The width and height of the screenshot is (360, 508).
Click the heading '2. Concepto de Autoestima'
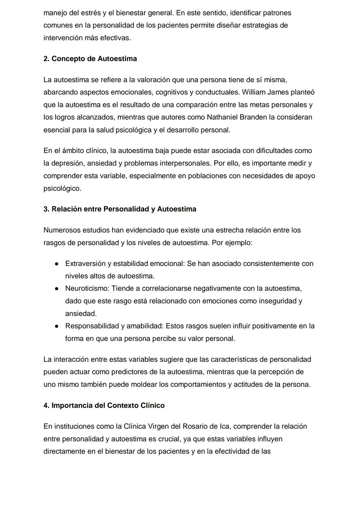(x=90, y=59)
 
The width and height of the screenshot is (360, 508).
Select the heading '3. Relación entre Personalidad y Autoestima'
(x=120, y=209)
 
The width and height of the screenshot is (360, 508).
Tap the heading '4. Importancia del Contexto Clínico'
(x=104, y=405)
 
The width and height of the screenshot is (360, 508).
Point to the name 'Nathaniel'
(x=222, y=117)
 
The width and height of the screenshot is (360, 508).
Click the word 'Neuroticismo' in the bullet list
(x=87, y=288)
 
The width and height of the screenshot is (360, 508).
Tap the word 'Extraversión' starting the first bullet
(x=85, y=264)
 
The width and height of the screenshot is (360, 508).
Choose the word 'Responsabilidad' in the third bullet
(x=92, y=326)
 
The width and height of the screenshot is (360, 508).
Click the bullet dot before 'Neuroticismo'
(x=57, y=288)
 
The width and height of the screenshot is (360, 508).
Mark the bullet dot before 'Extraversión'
(x=57, y=264)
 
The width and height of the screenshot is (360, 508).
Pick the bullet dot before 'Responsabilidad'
(x=57, y=326)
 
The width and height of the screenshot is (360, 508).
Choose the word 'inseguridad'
(x=277, y=301)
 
